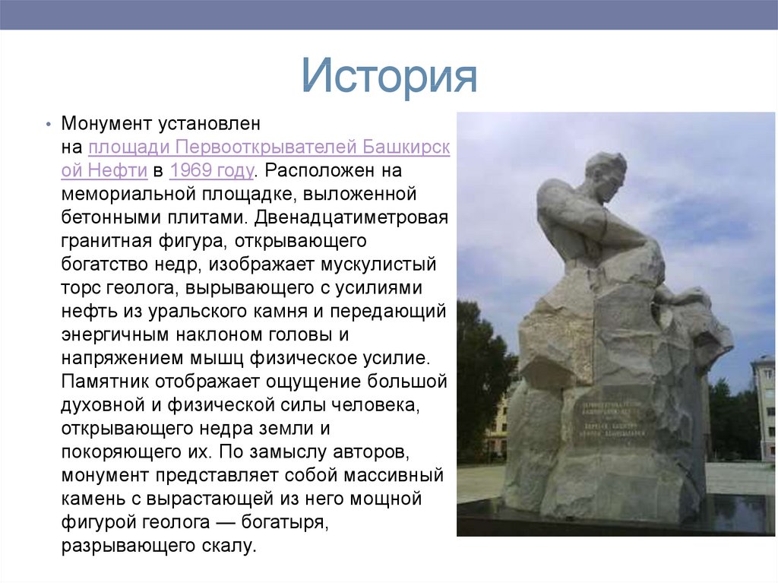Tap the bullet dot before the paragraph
pyautogui.click(x=48, y=124)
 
